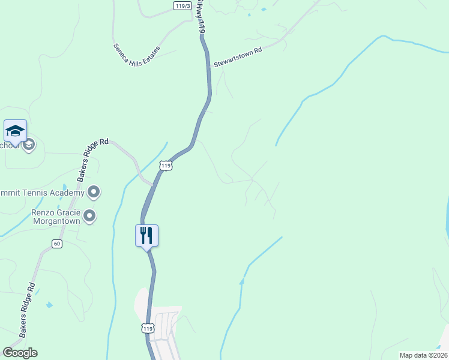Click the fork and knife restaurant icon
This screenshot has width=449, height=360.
point(146,235)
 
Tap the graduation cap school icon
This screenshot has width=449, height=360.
point(15,130)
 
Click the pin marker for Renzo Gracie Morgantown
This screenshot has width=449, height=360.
point(90,216)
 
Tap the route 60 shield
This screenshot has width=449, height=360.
point(57,243)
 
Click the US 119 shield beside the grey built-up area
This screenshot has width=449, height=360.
point(148,328)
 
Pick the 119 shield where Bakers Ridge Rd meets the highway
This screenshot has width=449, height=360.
point(166,165)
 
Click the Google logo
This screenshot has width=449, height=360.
point(20,353)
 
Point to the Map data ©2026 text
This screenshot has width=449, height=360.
point(423,355)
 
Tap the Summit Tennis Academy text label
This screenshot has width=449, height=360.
point(41,193)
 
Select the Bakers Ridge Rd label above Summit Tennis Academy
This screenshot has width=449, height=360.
point(92,160)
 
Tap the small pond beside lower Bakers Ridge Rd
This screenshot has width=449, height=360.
point(49,305)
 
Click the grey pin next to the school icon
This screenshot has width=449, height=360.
point(29,145)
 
